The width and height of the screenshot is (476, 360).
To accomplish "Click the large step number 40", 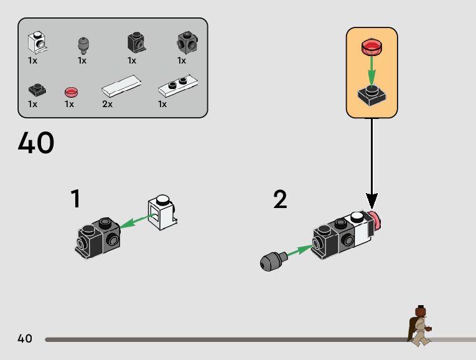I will [x=36, y=143].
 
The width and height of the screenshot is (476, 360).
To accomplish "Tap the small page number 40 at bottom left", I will [x=25, y=339].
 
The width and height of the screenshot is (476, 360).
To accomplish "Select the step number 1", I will [x=75, y=199].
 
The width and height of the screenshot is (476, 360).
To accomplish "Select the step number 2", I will [x=280, y=199].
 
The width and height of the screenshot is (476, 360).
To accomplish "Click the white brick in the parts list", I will [x=37, y=42].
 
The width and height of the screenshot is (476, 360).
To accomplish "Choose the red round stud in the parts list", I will [x=71, y=92].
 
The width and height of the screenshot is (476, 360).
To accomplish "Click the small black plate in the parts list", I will [x=35, y=91].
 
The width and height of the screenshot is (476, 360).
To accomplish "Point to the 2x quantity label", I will [x=107, y=104].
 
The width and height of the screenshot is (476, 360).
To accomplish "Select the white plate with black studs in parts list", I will [x=178, y=85].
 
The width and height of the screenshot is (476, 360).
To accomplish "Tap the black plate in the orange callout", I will [x=371, y=96].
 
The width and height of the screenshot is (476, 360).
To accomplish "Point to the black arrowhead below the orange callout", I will [x=371, y=201].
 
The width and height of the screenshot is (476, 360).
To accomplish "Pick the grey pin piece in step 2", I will [x=272, y=259].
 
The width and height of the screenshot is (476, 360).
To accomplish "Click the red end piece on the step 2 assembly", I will [x=375, y=222].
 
